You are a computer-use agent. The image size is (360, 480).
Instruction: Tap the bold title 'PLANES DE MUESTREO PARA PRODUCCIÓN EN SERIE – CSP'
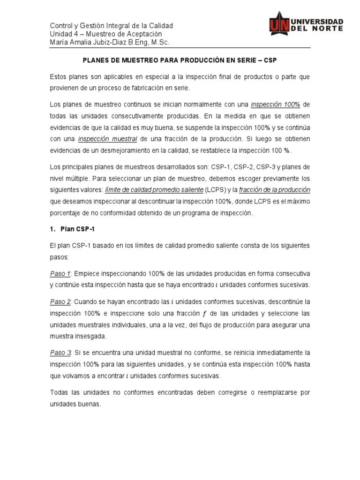pyautogui.click(x=180, y=60)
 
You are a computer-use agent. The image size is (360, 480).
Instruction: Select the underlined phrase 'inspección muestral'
pyautogui.click(x=107, y=139)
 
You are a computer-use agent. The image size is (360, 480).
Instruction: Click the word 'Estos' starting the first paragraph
pyautogui.click(x=59, y=76)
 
